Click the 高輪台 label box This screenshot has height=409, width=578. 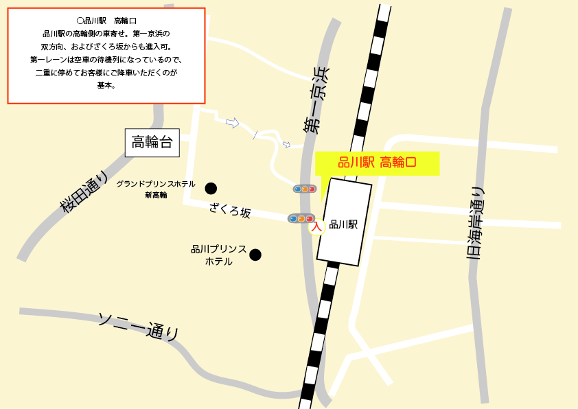click(152, 143)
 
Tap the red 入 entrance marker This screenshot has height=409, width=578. click(316, 226)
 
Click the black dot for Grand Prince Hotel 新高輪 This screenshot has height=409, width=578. click(211, 188)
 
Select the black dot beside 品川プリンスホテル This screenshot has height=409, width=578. click(255, 255)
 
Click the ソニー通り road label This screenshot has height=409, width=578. click(139, 326)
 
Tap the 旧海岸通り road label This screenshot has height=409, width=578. click(475, 223)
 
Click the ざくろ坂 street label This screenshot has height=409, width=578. click(230, 211)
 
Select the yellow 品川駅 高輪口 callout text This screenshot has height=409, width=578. click(377, 163)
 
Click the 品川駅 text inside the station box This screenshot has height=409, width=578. click(344, 224)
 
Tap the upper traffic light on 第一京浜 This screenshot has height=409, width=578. click(304, 189)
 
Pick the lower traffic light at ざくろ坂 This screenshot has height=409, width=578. click(301, 218)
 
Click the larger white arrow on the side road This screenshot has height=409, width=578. click(232, 123)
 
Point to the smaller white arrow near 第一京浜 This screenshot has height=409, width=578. click(286, 145)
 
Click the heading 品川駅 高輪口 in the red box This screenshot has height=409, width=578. click(106, 21)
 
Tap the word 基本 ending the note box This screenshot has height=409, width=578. click(106, 86)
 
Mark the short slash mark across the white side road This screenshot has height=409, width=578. click(256, 135)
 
